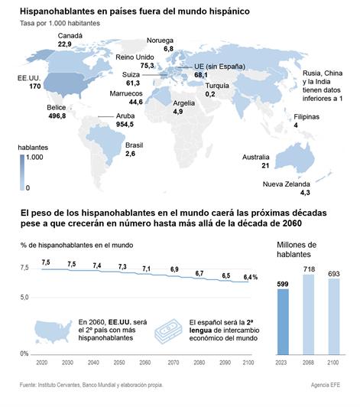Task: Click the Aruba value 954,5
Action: click(x=125, y=125)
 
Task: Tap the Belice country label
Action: click(x=57, y=107)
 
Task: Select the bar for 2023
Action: click(x=283, y=321)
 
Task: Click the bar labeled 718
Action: click(x=308, y=314)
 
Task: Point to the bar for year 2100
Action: click(x=334, y=317)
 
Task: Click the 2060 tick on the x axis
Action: click(x=144, y=363)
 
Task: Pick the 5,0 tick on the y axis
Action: click(x=24, y=297)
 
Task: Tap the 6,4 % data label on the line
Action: click(x=250, y=278)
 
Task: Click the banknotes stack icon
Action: click(x=169, y=331)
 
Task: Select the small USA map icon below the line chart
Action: click(x=54, y=331)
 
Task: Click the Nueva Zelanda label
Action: click(x=287, y=184)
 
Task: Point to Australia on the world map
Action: click(x=294, y=158)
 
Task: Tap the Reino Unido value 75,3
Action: click(x=147, y=66)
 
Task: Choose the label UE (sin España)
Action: click(x=219, y=67)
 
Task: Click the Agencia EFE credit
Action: click(x=326, y=386)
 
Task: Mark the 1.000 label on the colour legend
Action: click(x=34, y=158)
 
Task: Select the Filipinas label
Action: click(x=306, y=117)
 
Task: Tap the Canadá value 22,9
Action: click(x=64, y=44)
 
